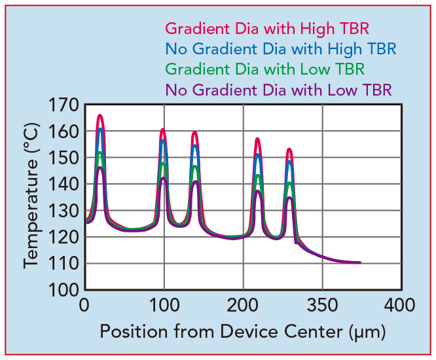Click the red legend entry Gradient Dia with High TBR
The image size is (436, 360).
point(267,29)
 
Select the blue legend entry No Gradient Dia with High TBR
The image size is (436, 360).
point(280,49)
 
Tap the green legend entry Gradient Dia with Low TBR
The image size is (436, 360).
point(264,69)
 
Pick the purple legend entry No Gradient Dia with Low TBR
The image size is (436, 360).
point(278,89)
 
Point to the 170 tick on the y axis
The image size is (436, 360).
point(63,105)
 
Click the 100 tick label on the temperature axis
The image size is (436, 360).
point(63,290)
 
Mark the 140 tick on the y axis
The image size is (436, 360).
point(63,185)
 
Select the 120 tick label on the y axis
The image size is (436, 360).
point(63,237)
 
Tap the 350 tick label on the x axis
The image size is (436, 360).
point(323,306)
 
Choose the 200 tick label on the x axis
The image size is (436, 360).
point(243,306)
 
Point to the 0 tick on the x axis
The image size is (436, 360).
point(84,306)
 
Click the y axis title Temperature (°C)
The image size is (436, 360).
point(31,197)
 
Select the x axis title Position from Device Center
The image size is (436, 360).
point(242,332)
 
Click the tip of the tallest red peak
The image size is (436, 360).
point(100,115)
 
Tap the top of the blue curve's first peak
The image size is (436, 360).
point(100,129)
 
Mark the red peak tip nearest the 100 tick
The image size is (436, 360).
point(162,130)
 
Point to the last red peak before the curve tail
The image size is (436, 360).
point(289,150)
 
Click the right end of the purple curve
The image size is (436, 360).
point(359,262)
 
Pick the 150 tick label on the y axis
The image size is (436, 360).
point(63,158)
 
